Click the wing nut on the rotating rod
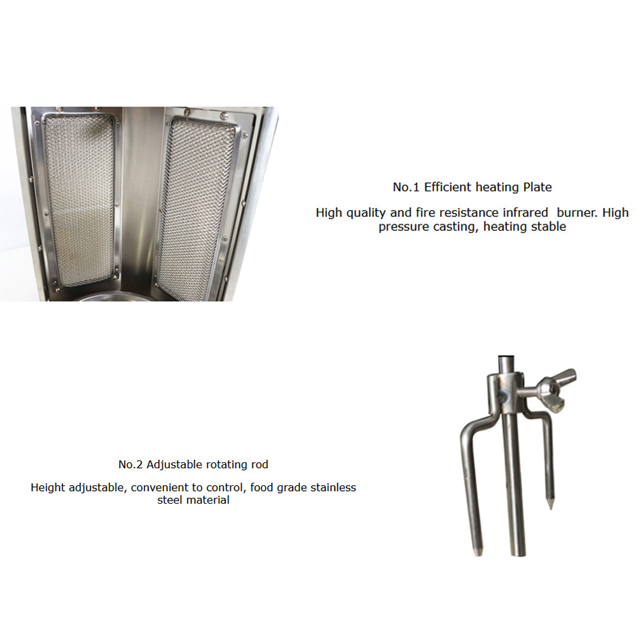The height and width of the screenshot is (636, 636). coord(555,390)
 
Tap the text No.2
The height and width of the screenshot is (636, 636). coord(131,464)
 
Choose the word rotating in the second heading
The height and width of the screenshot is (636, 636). coord(230,464)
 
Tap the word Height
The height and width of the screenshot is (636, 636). coord(48,488)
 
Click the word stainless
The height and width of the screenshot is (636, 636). coord(329,488)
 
